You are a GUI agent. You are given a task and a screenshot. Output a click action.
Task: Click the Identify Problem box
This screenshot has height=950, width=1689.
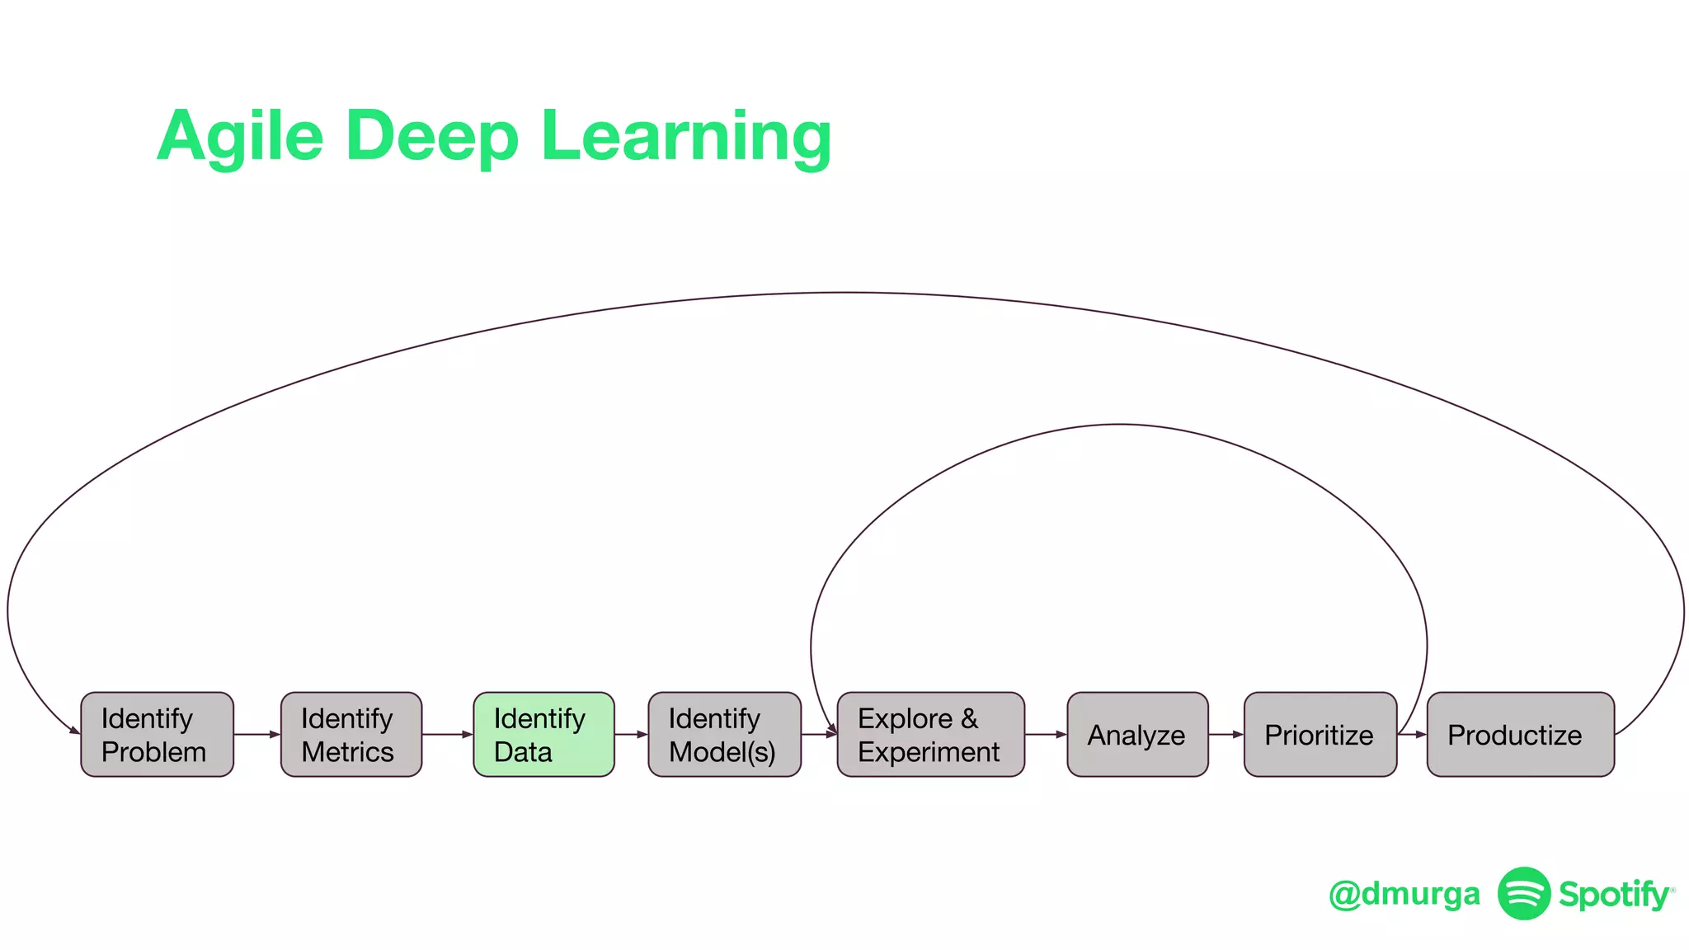point(157,734)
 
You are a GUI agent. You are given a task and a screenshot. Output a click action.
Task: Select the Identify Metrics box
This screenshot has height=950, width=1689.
point(351,734)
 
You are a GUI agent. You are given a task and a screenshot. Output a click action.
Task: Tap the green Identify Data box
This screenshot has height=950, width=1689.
point(543,734)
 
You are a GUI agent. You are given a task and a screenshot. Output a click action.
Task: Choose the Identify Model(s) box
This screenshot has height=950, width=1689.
point(724,734)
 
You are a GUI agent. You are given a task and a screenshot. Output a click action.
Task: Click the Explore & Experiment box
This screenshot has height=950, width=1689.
point(930,734)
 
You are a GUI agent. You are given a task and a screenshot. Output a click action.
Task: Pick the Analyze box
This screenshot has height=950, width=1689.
point(1137,734)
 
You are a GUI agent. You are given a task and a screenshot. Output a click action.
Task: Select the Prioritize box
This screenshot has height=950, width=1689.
point(1320,734)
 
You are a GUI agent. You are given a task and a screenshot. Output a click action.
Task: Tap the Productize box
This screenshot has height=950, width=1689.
point(1520,734)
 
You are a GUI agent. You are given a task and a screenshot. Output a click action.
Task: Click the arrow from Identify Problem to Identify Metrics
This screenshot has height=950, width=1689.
point(257,734)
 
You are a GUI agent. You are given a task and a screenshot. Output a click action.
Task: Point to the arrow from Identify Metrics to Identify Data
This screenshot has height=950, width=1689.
point(448,734)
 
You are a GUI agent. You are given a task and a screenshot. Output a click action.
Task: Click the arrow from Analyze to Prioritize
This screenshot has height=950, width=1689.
point(1226,734)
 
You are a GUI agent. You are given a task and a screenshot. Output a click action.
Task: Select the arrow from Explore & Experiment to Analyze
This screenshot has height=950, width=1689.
point(1046,734)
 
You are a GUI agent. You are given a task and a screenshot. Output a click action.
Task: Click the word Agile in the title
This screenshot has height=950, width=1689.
point(240,136)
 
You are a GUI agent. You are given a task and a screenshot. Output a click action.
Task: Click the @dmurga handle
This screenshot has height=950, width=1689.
point(1404,894)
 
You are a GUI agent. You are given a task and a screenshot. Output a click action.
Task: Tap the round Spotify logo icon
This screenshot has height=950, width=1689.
point(1523,893)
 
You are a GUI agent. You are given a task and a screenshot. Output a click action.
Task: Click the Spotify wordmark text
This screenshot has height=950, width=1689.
point(1614,895)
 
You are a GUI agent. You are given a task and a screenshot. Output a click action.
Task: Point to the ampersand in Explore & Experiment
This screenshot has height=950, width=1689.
point(969,718)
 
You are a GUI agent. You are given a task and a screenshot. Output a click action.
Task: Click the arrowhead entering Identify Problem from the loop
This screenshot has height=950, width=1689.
point(75,729)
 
